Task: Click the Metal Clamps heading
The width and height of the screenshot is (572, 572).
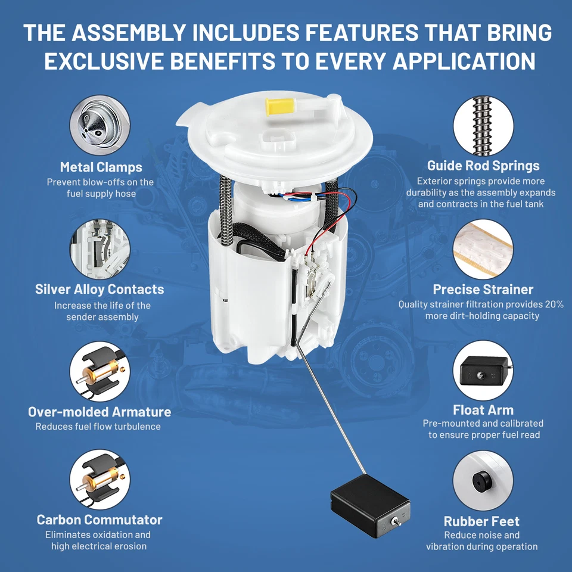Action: pyautogui.click(x=101, y=167)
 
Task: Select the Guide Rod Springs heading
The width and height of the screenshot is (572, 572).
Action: pyautogui.click(x=483, y=166)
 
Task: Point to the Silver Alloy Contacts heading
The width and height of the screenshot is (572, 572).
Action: pyautogui.click(x=100, y=290)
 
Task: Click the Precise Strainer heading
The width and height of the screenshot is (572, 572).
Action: pyautogui.click(x=483, y=290)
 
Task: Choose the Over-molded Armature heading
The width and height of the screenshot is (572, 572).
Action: pyautogui.click(x=100, y=412)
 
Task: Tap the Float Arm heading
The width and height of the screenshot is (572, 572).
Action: pyautogui.click(x=483, y=410)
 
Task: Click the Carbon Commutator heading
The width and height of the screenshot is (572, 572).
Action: pyautogui.click(x=100, y=520)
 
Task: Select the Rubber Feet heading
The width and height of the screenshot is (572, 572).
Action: pyautogui.click(x=481, y=521)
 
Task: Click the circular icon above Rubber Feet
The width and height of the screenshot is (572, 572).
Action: pyautogui.click(x=483, y=480)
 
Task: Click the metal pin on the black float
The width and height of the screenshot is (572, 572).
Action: pyautogui.click(x=395, y=521)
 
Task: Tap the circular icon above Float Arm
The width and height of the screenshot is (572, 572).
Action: pyautogui.click(x=483, y=370)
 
